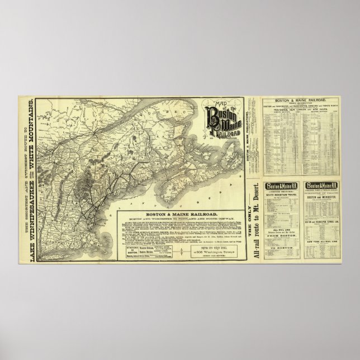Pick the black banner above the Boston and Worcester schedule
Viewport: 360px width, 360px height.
(x=321, y=186)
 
